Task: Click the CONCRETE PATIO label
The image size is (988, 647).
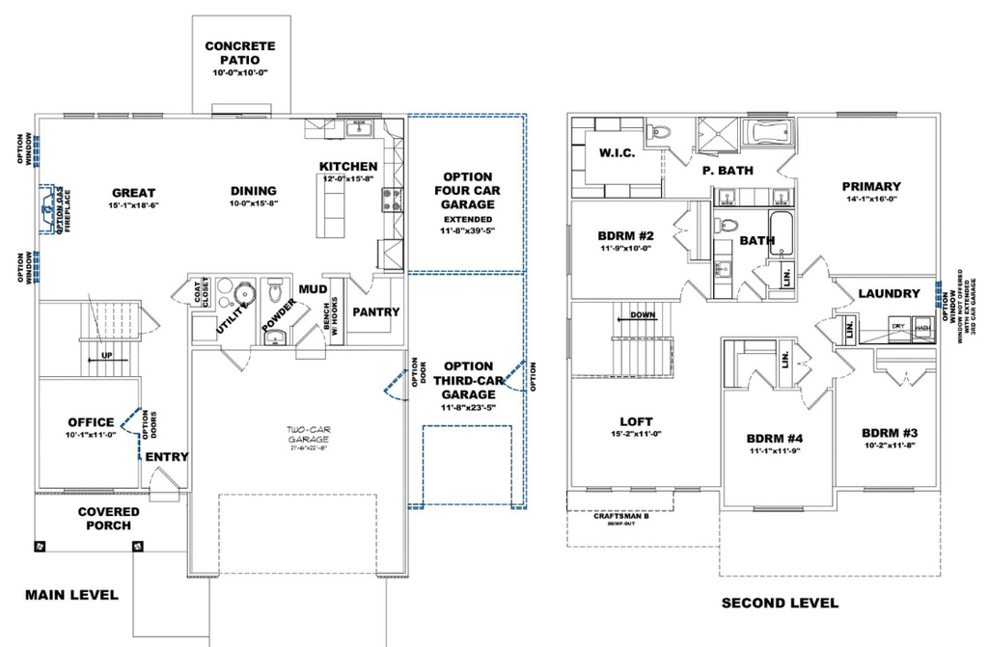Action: point(239,52)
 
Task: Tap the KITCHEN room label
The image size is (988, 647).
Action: point(348,167)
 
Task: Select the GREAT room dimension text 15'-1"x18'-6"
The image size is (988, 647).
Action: point(133,205)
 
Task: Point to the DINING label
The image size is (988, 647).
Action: point(253,191)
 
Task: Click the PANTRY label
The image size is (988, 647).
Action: point(375,311)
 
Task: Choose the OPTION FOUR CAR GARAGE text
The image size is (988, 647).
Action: point(467,191)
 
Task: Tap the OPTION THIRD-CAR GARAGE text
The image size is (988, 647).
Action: point(467,380)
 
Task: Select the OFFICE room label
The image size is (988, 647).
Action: point(92,421)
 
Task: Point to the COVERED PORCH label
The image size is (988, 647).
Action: point(109,519)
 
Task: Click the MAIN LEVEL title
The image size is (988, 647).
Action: point(71,595)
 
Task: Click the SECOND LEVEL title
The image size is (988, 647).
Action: point(780,604)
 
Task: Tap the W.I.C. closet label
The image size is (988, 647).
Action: point(617,153)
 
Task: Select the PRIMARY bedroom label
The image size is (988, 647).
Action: point(870,186)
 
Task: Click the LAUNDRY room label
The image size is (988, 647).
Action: point(888,293)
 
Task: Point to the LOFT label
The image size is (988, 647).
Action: point(637,421)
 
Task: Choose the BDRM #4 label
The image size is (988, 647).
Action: point(775,438)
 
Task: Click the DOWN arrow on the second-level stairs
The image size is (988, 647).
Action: point(642,315)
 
